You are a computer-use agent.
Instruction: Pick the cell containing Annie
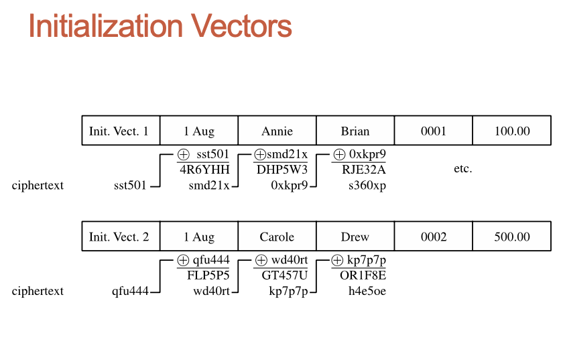(x=277, y=131)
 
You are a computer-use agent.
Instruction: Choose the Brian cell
(x=355, y=131)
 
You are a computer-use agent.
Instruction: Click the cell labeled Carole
(x=277, y=237)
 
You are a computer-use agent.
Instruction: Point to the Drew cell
(x=355, y=237)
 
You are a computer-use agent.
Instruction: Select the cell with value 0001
(x=433, y=131)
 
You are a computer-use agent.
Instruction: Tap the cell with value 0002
(x=433, y=237)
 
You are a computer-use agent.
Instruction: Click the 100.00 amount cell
(x=512, y=131)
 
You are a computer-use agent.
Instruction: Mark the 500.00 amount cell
(x=512, y=237)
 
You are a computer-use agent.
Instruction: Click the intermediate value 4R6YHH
(x=204, y=170)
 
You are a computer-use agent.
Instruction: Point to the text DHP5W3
(x=282, y=170)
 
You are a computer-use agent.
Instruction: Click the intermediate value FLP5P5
(x=208, y=276)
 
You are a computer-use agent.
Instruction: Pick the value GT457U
(x=285, y=276)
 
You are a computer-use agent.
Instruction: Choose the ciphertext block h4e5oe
(x=367, y=291)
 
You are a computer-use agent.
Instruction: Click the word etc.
(x=462, y=169)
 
